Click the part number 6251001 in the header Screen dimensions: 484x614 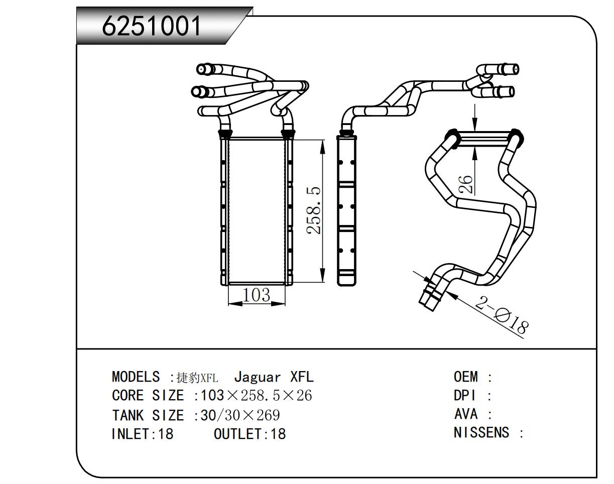[152, 26]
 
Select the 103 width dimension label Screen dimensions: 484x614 [256, 295]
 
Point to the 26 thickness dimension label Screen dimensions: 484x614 [466, 184]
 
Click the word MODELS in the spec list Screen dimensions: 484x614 [136, 377]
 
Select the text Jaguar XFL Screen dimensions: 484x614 [274, 377]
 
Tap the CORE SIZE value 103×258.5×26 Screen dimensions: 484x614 [256, 396]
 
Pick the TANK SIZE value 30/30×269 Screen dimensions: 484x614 [240, 415]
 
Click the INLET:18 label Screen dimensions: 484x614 [142, 434]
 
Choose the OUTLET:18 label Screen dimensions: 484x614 [250, 434]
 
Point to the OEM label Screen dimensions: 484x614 [466, 377]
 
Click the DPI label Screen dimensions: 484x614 [464, 396]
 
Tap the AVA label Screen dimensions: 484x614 [465, 414]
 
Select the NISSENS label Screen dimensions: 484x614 [481, 432]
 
